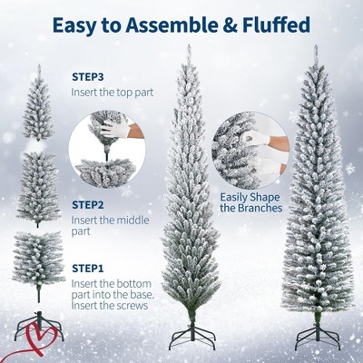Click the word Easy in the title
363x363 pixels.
74,25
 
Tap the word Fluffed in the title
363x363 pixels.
276,25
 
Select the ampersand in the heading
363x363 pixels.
230,25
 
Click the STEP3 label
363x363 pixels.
88,77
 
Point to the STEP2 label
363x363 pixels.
88,205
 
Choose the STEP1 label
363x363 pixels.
88,268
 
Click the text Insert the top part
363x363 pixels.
113,92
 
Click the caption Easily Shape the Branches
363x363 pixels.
250,202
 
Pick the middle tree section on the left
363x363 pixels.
38,188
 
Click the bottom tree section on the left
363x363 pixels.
39,263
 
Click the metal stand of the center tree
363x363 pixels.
192,336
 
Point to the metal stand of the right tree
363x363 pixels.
318,335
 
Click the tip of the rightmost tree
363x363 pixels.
316,45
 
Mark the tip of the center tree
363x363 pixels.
189,44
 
